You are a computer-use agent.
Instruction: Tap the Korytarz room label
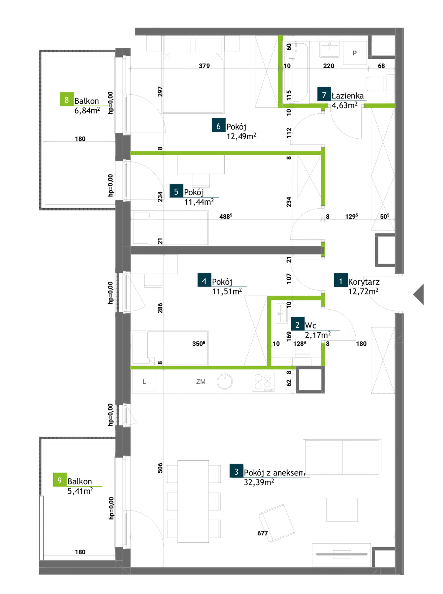click(364, 282)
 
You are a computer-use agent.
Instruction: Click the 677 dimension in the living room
click(263, 533)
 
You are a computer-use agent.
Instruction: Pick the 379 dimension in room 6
click(204, 66)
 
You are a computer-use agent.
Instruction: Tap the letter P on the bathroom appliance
click(354, 53)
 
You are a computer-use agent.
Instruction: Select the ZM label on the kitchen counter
click(201, 381)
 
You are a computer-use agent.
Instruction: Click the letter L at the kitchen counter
click(144, 381)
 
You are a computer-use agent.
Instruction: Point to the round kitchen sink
click(225, 381)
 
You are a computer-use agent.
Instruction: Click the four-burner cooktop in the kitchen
click(263, 381)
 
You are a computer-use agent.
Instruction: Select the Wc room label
click(311, 325)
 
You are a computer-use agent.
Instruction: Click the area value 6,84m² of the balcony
click(87, 110)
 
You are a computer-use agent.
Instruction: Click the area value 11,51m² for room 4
click(227, 291)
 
